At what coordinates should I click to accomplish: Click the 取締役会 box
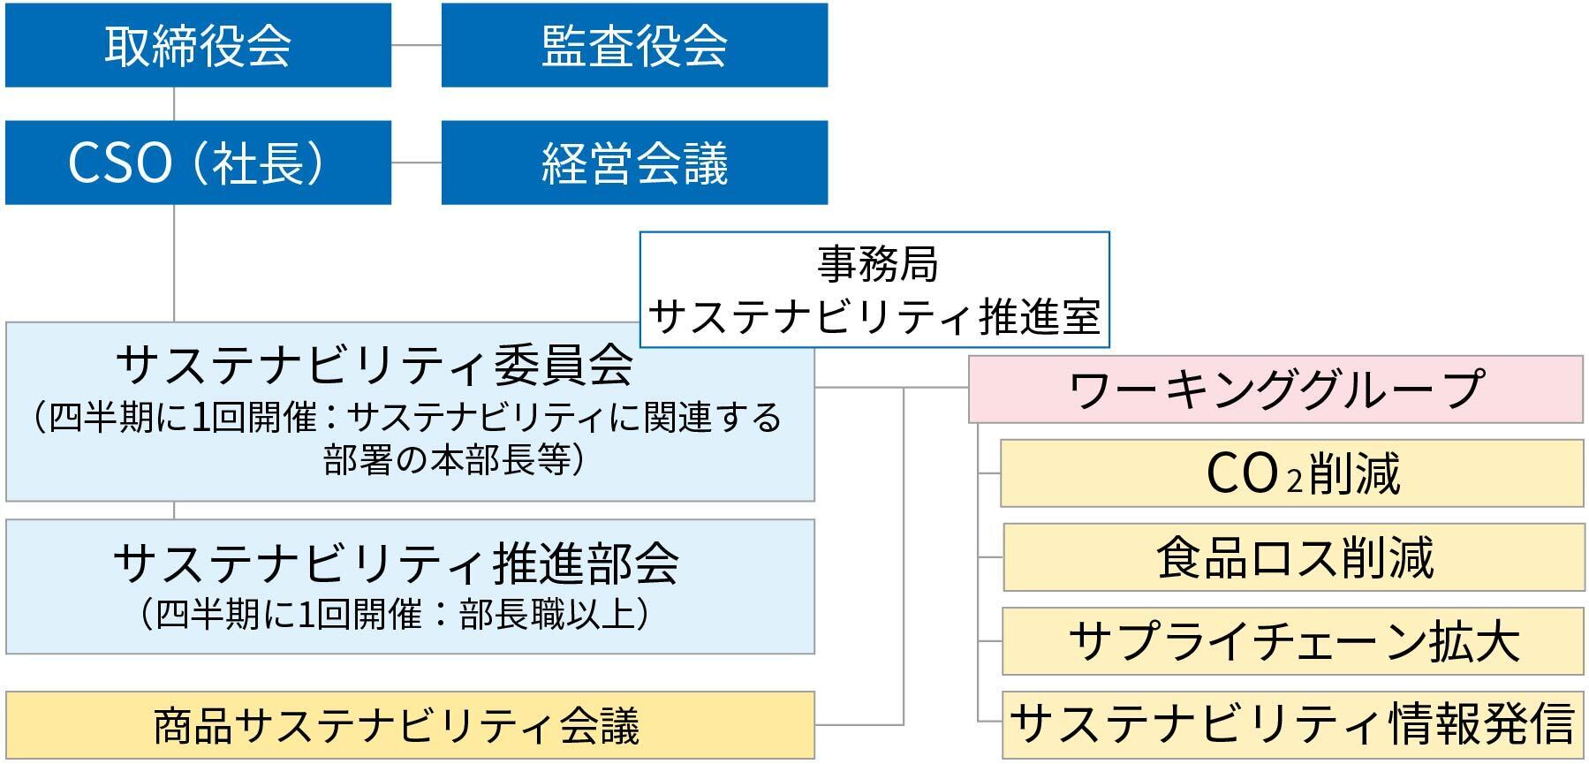pos(198,45)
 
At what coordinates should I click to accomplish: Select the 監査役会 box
pos(634,45)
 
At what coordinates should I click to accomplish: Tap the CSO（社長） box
pos(198,163)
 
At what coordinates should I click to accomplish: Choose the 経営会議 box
pos(634,163)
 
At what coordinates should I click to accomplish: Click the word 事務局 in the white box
pos(875,264)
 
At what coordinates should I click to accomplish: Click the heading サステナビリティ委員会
pos(375,364)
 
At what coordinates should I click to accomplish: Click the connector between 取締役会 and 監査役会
pos(416,45)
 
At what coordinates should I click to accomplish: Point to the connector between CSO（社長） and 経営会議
pos(416,163)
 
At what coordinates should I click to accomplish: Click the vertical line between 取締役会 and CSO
pos(174,103)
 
